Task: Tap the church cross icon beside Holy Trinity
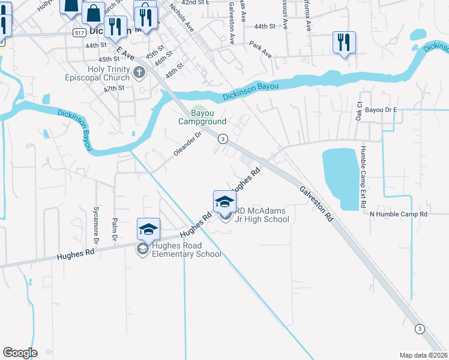point(139,74)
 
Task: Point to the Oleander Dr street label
point(187,144)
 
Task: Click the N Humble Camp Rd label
point(398,214)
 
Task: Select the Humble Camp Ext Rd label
point(364,176)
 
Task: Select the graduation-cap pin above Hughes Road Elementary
point(148,229)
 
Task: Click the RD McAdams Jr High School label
point(262,215)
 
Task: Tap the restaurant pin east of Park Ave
point(344,43)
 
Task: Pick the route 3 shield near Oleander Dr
point(223,139)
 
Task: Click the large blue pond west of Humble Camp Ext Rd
point(340,178)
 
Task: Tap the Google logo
point(20,352)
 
